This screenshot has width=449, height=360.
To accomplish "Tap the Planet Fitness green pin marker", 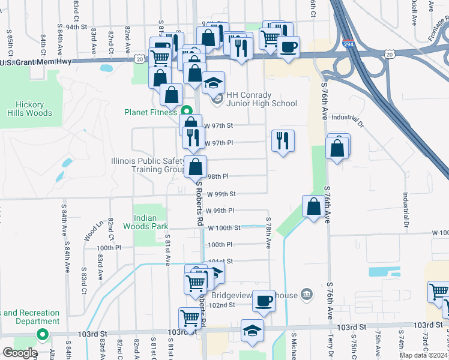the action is [x=186, y=110].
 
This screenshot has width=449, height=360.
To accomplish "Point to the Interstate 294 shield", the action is [x=348, y=44].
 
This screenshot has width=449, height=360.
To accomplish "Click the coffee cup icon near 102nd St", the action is [x=262, y=301].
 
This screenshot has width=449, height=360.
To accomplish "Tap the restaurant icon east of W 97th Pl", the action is [x=282, y=141].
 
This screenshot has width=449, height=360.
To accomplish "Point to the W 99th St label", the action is [x=220, y=194].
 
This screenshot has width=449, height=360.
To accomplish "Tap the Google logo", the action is [x=20, y=353].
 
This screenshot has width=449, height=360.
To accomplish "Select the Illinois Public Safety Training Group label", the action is [x=147, y=165].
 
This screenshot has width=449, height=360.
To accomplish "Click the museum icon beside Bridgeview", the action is [x=307, y=294].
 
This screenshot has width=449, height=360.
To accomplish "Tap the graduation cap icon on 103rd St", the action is [x=252, y=331].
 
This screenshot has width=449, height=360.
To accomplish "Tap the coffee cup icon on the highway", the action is [x=288, y=46].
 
